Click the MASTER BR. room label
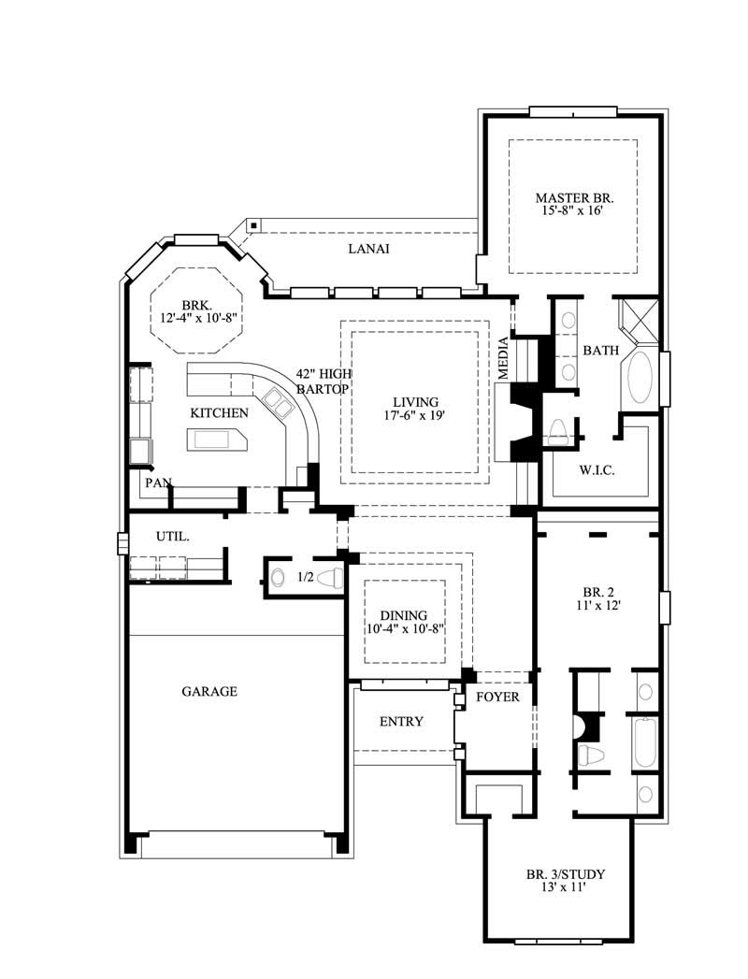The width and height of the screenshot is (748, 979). click(573, 197)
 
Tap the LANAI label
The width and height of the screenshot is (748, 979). click(368, 249)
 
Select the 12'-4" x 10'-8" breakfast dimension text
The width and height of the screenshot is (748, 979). click(197, 319)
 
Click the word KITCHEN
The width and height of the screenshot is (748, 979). click(220, 412)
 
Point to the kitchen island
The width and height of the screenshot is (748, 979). click(217, 439)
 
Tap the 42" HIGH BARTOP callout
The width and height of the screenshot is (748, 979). click(323, 380)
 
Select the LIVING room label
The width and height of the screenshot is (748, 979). click(415, 401)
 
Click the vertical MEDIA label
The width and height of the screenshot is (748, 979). click(503, 357)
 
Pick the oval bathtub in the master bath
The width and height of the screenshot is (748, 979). click(641, 378)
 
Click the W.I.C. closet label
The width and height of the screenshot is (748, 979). click(597, 469)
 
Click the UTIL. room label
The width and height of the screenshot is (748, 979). click(173, 538)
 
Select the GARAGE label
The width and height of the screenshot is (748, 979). click(209, 692)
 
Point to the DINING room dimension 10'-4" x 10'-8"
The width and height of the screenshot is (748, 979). click(404, 628)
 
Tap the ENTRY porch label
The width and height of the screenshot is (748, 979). click(400, 721)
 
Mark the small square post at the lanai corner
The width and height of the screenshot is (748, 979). click(253, 225)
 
